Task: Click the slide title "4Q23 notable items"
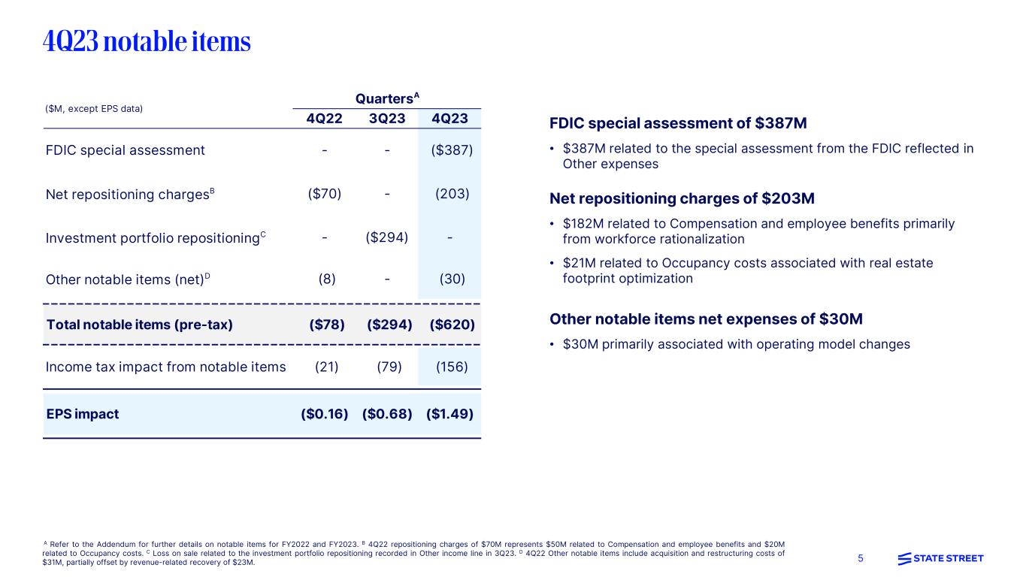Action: pos(147,42)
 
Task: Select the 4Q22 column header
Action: pos(325,119)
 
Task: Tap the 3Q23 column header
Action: pos(387,119)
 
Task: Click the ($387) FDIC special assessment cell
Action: pos(452,150)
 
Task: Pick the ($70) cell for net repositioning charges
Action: pos(325,194)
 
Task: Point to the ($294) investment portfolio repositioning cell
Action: pos(387,237)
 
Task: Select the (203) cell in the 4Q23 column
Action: pos(452,194)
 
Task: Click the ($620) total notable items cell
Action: pos(452,325)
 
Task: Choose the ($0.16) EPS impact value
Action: pos(325,414)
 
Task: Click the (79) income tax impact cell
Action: pos(387,367)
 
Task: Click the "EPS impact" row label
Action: pos(83,414)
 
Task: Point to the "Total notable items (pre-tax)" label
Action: pos(140,325)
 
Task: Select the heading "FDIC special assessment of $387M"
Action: pos(679,124)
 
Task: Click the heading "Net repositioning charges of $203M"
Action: pos(682,199)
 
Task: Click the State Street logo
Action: pos(940,558)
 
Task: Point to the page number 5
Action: pos(861,558)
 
